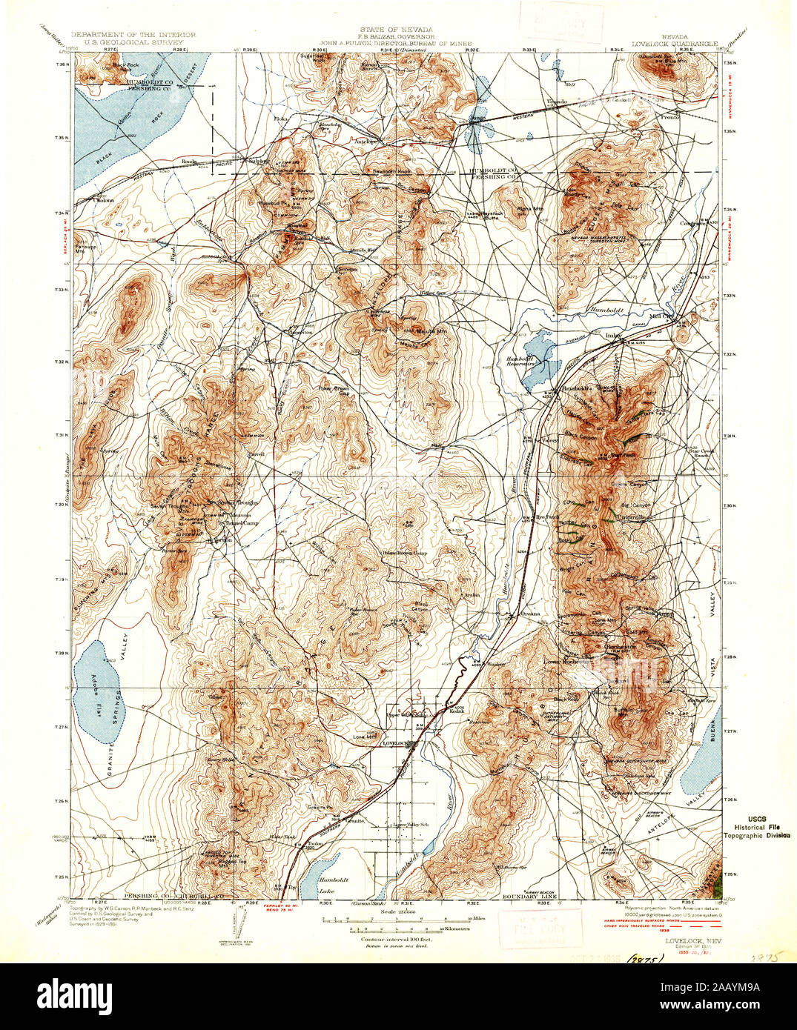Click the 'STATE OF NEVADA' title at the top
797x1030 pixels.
397,29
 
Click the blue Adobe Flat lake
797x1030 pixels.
98,689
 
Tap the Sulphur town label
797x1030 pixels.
257,161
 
